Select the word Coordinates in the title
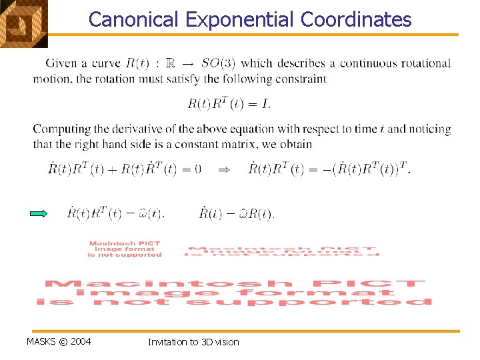pyautogui.click(x=356, y=19)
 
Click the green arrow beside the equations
pyautogui.click(x=40, y=214)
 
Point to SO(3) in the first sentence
pyautogui.click(x=218, y=64)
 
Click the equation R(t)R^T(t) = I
pyautogui.click(x=229, y=103)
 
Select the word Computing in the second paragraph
pyautogui.click(x=59, y=129)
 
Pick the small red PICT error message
pyautogui.click(x=125, y=249)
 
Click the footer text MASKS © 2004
pyautogui.click(x=59, y=342)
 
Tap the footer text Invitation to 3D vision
pyautogui.click(x=193, y=342)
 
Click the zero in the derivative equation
pyautogui.click(x=197, y=169)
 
